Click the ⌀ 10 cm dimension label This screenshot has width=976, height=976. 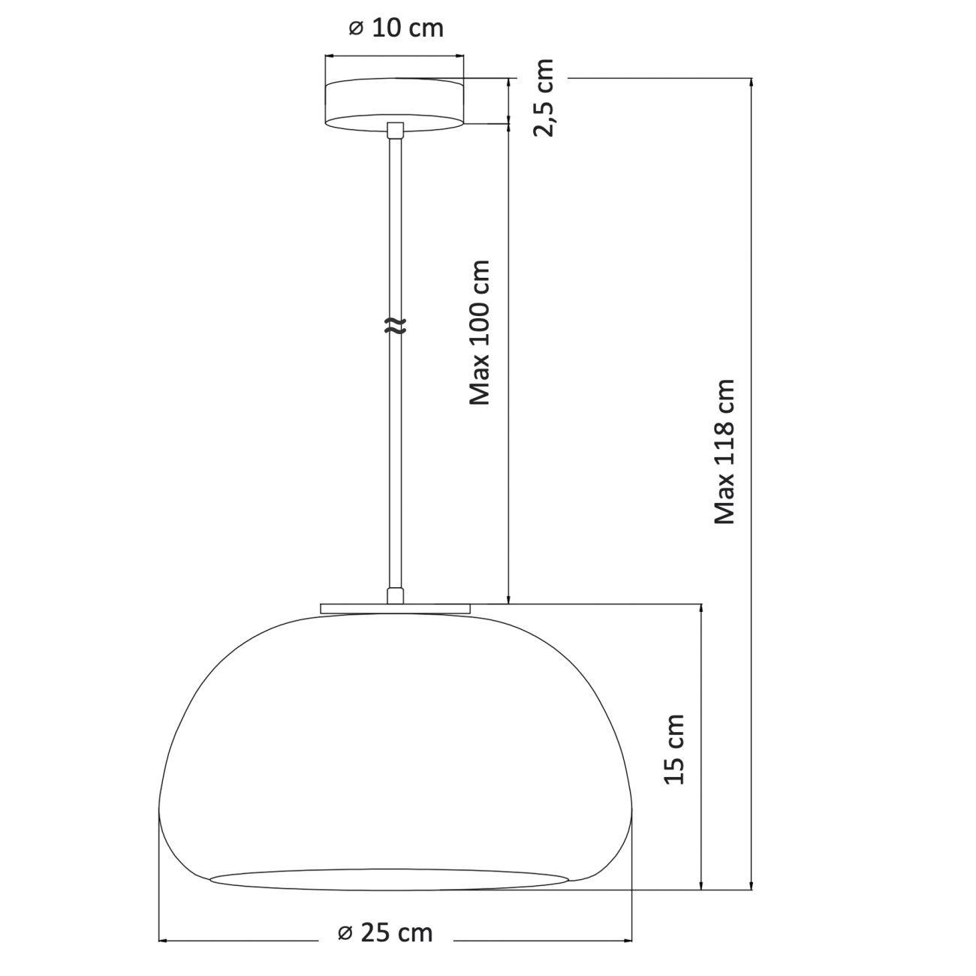396,29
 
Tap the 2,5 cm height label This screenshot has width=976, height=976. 544,98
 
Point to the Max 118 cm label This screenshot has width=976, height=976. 724,451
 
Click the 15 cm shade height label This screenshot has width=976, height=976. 675,749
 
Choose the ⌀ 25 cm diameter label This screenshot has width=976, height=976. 385,933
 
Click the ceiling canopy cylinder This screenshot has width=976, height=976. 394,104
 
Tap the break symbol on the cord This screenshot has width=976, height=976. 395,325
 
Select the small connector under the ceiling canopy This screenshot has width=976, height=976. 395,131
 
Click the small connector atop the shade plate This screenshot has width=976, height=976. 395,596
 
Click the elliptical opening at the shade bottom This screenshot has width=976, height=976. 389,880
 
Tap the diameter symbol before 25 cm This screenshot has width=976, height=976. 345,933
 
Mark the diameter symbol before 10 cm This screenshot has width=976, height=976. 356,29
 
